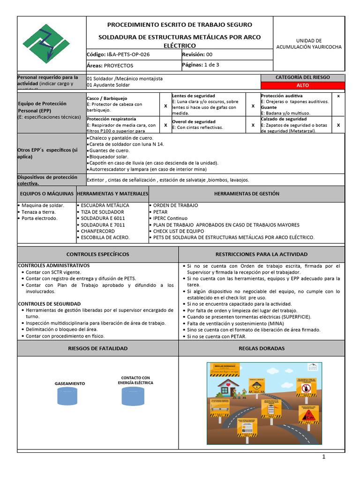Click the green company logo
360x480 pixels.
[52, 44]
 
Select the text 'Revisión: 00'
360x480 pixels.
[197, 54]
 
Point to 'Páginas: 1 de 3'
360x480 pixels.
[200, 65]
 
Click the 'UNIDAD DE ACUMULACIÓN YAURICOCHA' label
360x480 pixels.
[309, 44]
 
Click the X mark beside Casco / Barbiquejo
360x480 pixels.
[165, 106]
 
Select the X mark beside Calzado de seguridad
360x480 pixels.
[338, 125]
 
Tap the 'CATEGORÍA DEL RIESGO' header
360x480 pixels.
[309, 77]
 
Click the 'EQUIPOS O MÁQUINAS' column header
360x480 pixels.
[46, 194]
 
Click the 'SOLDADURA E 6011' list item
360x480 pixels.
[103, 218]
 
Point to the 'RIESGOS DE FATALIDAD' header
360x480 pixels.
[97, 348]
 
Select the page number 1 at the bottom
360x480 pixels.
[323, 457]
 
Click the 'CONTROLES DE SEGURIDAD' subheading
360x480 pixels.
[49, 304]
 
